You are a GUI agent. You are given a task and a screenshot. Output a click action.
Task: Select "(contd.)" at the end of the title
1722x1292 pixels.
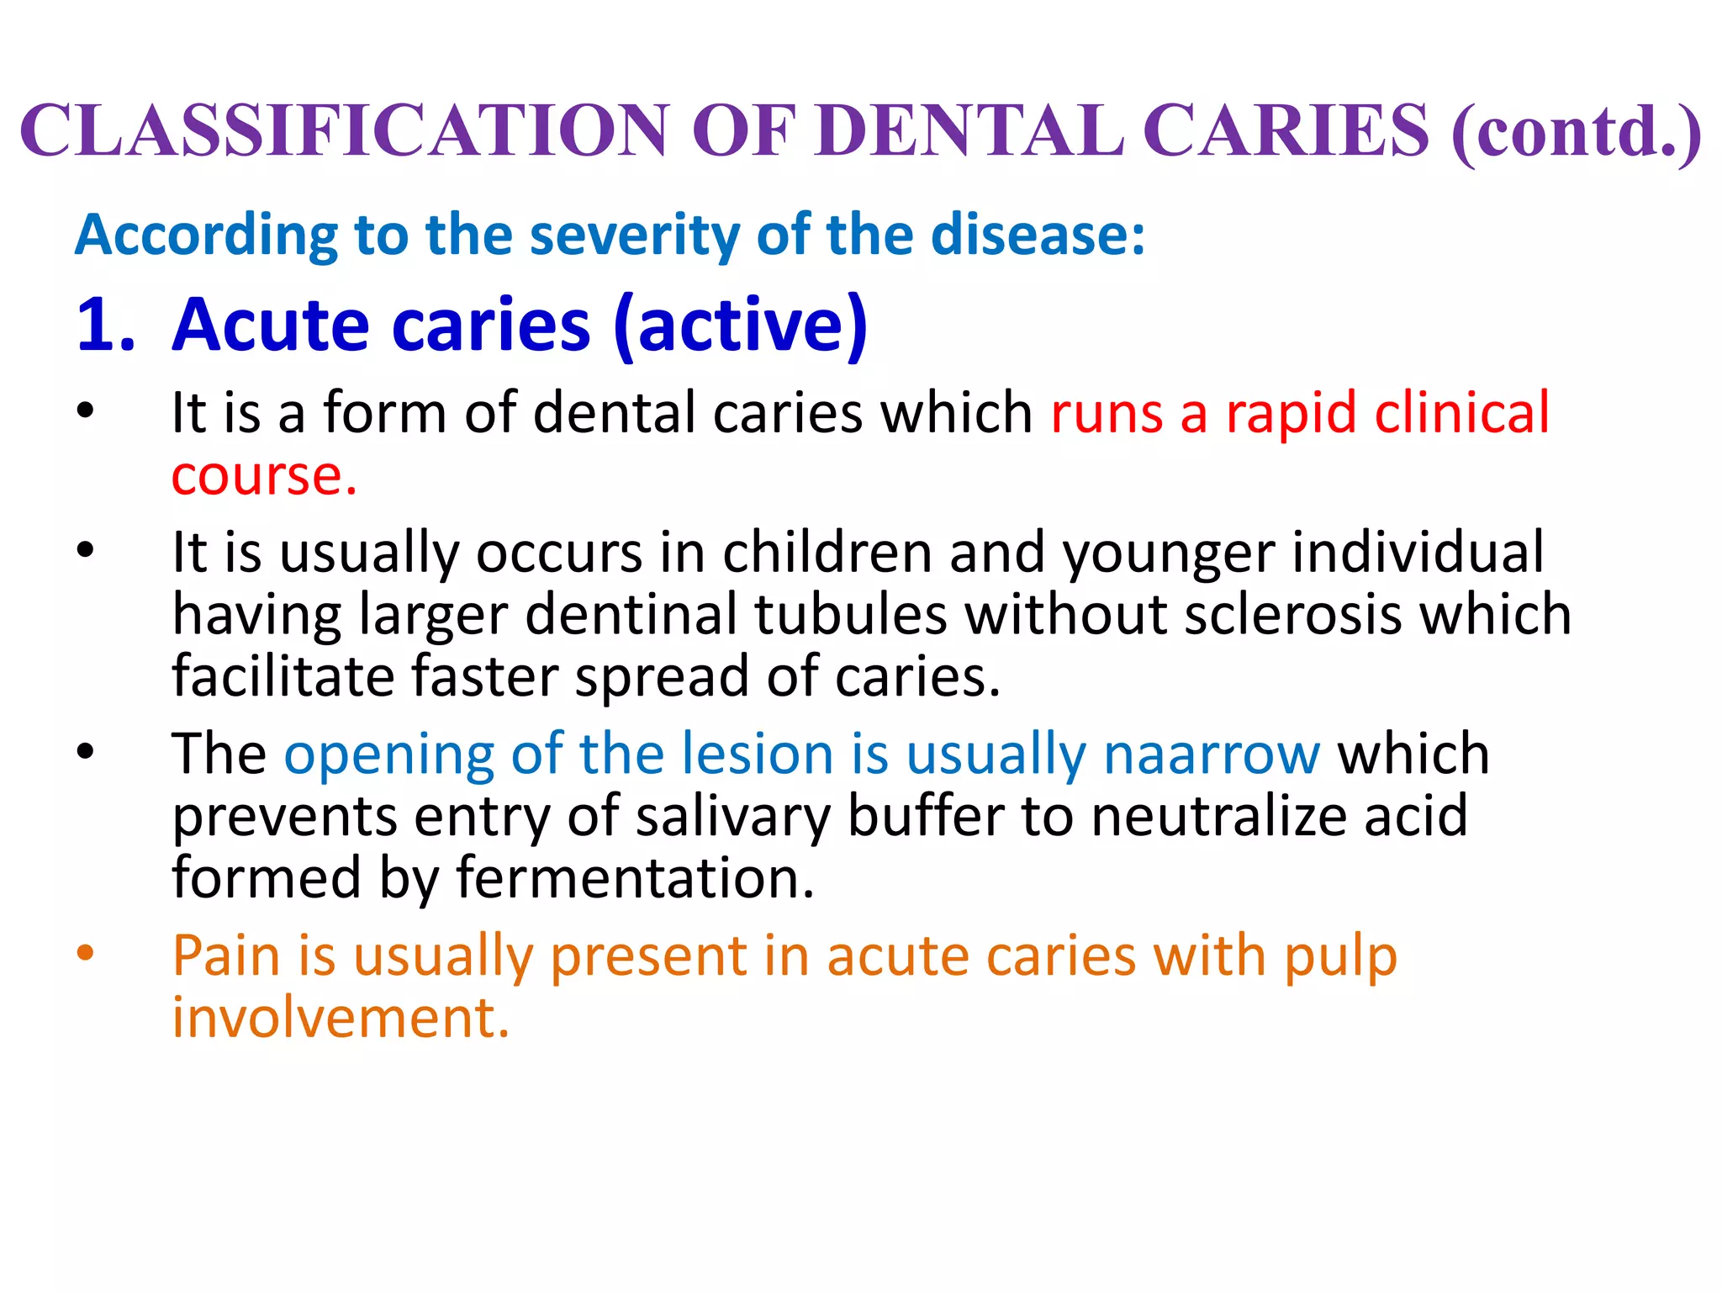[1577, 132]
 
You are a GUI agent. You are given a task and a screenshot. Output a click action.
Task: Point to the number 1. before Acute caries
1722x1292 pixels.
[105, 325]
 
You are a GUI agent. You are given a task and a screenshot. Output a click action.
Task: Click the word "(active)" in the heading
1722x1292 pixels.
[741, 326]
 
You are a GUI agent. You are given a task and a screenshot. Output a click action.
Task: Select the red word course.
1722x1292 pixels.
[263, 476]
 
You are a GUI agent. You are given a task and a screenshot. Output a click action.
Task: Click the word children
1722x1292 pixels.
[827, 553]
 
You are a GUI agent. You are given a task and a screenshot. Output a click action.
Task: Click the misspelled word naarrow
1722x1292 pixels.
[1212, 754]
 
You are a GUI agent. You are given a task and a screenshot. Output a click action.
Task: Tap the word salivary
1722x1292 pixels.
[732, 817]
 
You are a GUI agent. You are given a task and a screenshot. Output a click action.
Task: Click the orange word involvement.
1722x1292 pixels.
[341, 1019]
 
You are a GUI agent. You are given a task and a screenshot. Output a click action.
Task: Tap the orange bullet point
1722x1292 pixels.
[85, 954]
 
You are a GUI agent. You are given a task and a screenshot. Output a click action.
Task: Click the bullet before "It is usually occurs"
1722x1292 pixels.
[85, 551]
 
